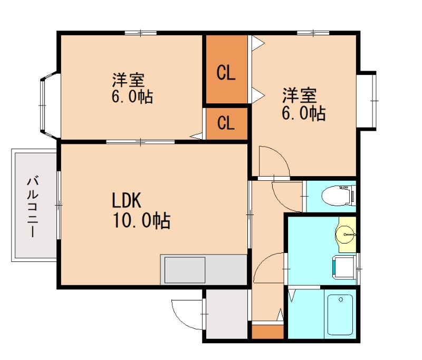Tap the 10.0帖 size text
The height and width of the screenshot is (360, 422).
point(140,221)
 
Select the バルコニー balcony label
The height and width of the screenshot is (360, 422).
point(33,206)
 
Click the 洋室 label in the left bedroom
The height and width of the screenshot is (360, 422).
point(128,81)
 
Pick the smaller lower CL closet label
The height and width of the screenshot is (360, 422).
point(226,123)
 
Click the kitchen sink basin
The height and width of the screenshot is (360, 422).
point(185,270)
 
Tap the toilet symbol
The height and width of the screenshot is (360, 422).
point(341,196)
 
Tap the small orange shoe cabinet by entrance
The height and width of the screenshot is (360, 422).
point(267,333)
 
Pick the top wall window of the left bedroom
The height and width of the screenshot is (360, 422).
point(141,33)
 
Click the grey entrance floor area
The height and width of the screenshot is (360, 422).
point(226,314)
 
